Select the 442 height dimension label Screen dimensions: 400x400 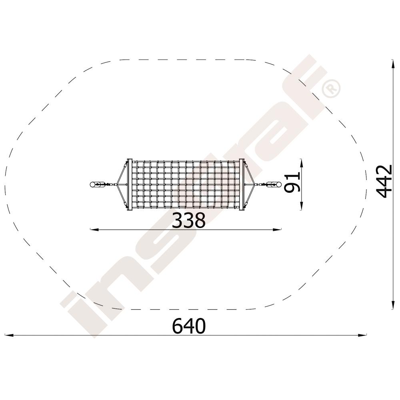pyautogui.click(x=384, y=181)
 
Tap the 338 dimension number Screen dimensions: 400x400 pyautogui.click(x=188, y=220)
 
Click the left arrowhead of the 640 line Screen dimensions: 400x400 pyautogui.click(x=9, y=335)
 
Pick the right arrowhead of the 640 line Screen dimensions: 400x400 pyautogui.click(x=362, y=335)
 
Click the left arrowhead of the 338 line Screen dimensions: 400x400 pyautogui.click(x=94, y=230)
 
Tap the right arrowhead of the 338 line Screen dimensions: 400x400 pyautogui.click(x=277, y=230)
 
